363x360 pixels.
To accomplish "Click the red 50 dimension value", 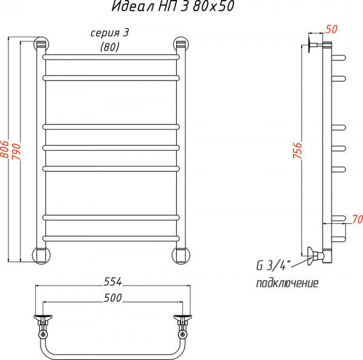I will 332,28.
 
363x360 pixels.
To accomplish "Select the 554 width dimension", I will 113,282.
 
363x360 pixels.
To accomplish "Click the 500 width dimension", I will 113,298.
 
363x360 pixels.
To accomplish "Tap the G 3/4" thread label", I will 273,266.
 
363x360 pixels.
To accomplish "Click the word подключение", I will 287,283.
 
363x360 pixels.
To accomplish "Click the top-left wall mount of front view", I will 42,44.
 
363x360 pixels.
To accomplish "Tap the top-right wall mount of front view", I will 180,44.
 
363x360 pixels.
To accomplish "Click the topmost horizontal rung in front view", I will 111,57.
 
